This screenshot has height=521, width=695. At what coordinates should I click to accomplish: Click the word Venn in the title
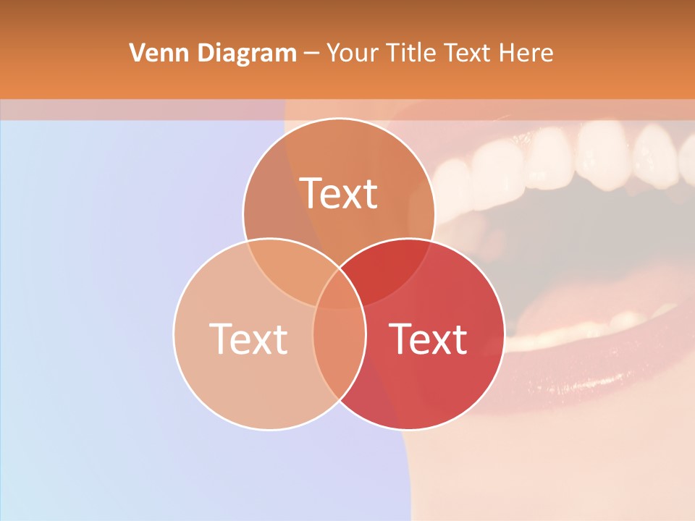click(x=153, y=53)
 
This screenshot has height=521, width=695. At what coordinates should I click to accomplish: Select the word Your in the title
click(x=353, y=53)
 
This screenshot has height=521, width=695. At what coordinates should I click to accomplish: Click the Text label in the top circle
click(x=339, y=193)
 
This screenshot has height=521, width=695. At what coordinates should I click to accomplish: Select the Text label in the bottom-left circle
click(x=248, y=338)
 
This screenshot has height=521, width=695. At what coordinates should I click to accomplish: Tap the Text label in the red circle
click(x=428, y=338)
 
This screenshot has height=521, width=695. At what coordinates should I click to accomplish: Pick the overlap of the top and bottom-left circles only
click(x=290, y=268)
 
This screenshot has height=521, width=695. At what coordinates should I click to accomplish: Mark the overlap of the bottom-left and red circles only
click(x=339, y=347)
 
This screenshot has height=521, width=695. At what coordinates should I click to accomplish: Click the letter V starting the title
click(x=135, y=53)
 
